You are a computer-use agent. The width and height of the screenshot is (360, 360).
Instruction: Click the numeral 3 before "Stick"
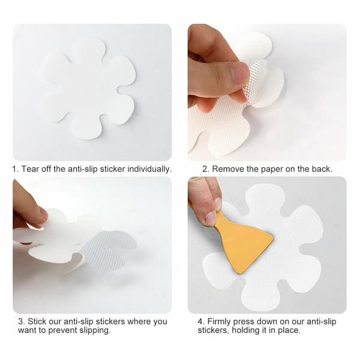click(21, 322)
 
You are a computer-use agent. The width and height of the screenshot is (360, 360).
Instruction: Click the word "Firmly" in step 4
click(219, 322)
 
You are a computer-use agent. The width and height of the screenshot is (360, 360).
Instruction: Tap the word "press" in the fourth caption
click(244, 322)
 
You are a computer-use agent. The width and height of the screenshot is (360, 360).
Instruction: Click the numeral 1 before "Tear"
click(14, 169)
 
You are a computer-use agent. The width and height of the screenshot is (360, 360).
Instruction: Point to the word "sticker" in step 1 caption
click(113, 169)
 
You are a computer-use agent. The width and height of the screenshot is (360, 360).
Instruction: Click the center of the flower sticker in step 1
click(88, 89)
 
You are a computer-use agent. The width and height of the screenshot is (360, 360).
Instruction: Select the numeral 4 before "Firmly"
click(200, 322)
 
